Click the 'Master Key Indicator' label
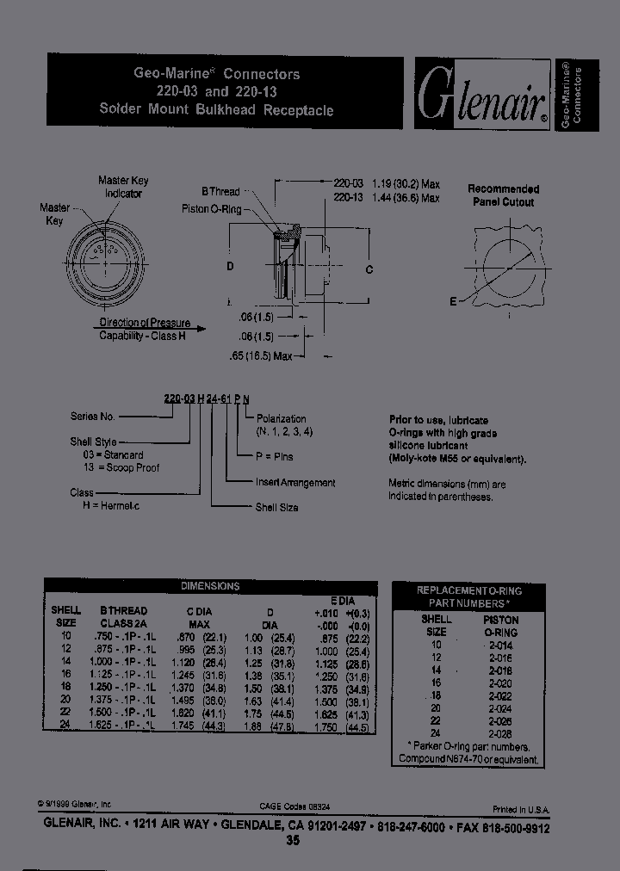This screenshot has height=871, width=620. pos(123,188)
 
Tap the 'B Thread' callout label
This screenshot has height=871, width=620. pos(220,192)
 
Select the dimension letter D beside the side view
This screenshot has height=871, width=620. pos(230,267)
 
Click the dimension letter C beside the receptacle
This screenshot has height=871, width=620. pos(369,269)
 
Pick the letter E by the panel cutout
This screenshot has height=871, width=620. pos(453,301)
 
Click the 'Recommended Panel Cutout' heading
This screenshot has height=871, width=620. pos(503,195)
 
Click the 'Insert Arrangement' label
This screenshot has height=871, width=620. pos(295,483)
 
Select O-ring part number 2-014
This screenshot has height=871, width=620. pos(500,644)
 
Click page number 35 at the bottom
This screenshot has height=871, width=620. pos(294,842)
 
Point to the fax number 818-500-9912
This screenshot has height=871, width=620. pos(509,826)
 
